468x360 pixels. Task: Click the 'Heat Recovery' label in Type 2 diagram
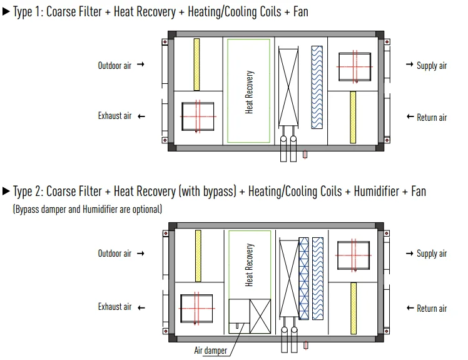pos(250,265)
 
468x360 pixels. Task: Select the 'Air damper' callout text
pos(211,351)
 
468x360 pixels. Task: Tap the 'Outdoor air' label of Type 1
pos(114,65)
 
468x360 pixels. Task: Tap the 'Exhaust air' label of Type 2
pos(114,307)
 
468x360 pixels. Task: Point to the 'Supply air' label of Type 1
pos(432,66)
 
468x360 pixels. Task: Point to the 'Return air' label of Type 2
pos(432,309)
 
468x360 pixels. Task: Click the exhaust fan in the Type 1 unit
pos(198,117)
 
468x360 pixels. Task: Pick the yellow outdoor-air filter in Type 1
pos(196,64)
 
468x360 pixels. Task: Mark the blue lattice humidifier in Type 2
pos(304,277)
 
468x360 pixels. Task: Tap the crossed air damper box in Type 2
pos(260,317)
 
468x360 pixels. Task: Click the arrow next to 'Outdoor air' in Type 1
pos(140,65)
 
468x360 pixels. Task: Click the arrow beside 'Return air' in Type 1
pos(410,117)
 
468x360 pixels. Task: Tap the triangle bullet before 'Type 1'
pos(6,12)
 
